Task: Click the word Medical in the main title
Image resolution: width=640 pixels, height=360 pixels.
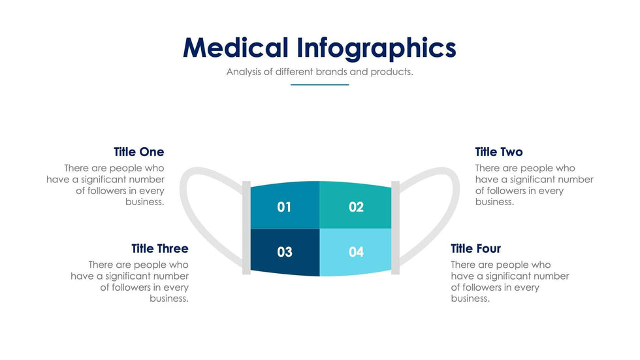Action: click(x=235, y=48)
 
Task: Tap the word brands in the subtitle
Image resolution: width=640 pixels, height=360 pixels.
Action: click(x=332, y=72)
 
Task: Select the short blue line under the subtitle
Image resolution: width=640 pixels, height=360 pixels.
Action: click(x=319, y=84)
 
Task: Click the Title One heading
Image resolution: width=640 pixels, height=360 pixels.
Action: click(x=138, y=152)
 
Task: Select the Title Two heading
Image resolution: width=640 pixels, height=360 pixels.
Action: click(x=498, y=152)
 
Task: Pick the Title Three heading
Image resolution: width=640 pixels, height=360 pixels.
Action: click(x=159, y=249)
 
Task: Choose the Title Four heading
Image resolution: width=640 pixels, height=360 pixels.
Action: click(x=475, y=249)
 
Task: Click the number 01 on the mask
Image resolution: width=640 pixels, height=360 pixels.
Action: click(x=284, y=208)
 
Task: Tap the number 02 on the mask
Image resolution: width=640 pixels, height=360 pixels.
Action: click(x=356, y=208)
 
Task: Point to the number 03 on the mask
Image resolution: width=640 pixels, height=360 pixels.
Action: click(x=284, y=252)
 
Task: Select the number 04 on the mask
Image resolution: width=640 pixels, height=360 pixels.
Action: click(x=356, y=252)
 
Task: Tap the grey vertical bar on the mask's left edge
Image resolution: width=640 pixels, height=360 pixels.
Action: click(x=246, y=227)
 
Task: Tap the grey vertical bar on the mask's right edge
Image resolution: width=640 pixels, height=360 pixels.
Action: click(x=395, y=227)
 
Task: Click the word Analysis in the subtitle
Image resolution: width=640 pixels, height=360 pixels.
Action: click(x=244, y=72)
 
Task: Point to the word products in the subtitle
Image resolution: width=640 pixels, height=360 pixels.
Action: click(x=391, y=72)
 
